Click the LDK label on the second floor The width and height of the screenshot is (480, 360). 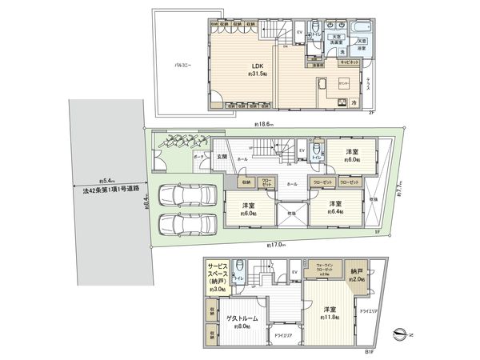click(257, 66)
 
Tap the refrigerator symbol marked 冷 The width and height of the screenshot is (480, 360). click(351, 102)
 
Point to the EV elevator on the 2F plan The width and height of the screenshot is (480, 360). click(299, 32)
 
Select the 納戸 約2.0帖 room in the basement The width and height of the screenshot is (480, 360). click(356, 275)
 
